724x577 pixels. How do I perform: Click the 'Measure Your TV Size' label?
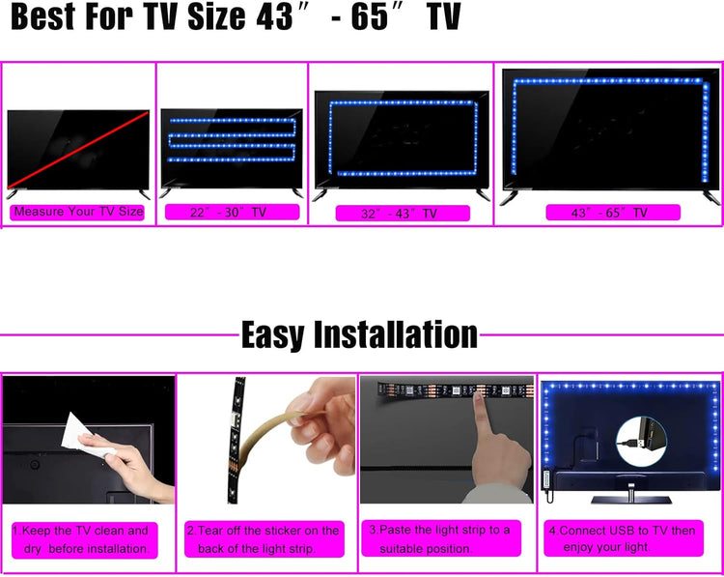point(77,212)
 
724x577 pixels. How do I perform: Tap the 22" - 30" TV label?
point(233,213)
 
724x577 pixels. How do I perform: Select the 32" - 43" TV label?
point(403,214)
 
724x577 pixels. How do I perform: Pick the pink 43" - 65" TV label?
point(613,213)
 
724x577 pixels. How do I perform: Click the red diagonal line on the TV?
point(77,150)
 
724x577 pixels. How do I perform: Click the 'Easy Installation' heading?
point(359,334)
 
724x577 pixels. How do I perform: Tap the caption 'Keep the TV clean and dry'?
point(85,540)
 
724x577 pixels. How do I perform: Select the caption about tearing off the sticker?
point(265,539)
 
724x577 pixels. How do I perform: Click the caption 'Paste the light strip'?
point(441,538)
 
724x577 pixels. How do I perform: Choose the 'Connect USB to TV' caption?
point(624,538)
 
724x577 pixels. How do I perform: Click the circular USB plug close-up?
point(641,442)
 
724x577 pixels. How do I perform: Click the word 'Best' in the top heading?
point(42,16)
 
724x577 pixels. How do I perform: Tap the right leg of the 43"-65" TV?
point(711,197)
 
